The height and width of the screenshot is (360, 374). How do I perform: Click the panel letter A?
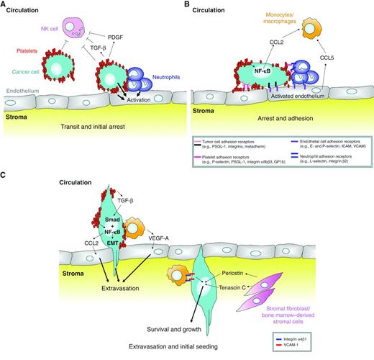(x=6, y=6)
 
